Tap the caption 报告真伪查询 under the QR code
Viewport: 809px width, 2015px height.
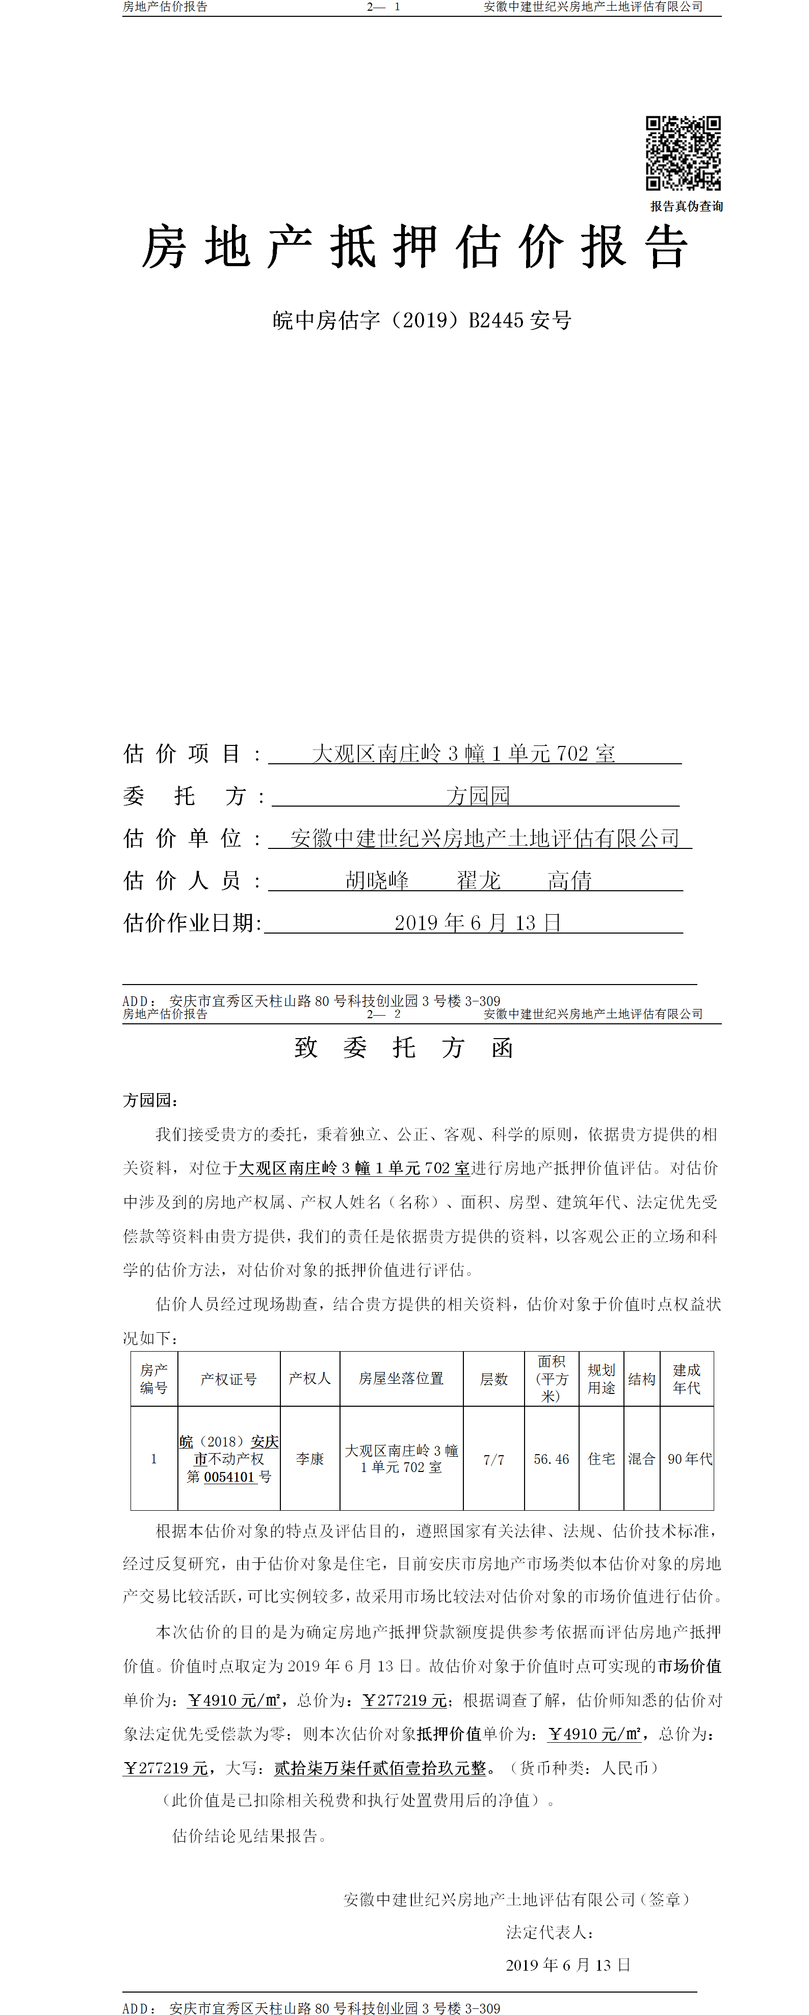tap(686, 206)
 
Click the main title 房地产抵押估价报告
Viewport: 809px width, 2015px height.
tap(414, 247)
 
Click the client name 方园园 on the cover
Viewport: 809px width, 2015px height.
tap(478, 796)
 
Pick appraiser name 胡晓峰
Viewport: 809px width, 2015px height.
tap(377, 881)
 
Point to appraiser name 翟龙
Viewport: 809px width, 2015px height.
tap(478, 881)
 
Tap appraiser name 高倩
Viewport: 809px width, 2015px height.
tap(569, 881)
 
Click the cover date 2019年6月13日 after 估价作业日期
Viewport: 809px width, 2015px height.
tap(477, 923)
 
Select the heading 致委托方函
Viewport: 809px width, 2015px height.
tap(404, 1048)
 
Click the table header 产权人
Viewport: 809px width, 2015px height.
tap(310, 1378)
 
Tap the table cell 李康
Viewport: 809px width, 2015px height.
tap(310, 1459)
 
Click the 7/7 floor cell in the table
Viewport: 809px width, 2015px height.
tap(493, 1460)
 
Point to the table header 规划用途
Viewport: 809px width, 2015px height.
tap(601, 1378)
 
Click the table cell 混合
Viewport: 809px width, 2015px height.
tap(642, 1459)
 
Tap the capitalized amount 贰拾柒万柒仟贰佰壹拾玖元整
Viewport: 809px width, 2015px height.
tap(380, 1768)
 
